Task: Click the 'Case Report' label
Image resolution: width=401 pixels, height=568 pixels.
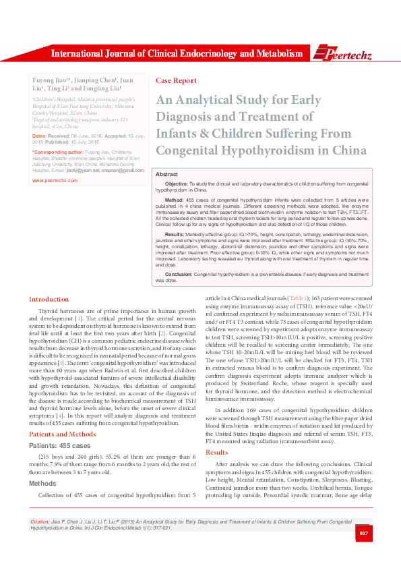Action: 176,80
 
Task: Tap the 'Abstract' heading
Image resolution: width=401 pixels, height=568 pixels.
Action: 166,174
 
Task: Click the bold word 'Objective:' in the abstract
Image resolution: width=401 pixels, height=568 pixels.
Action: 177,183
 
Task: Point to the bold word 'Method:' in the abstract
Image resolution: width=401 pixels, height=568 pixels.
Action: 174,200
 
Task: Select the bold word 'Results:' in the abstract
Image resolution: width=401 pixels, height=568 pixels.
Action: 175,233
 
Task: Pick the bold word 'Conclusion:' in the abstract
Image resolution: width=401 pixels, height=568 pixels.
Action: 179,275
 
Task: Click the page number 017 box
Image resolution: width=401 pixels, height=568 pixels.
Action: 363,534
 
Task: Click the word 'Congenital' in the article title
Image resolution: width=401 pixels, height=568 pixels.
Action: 191,149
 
